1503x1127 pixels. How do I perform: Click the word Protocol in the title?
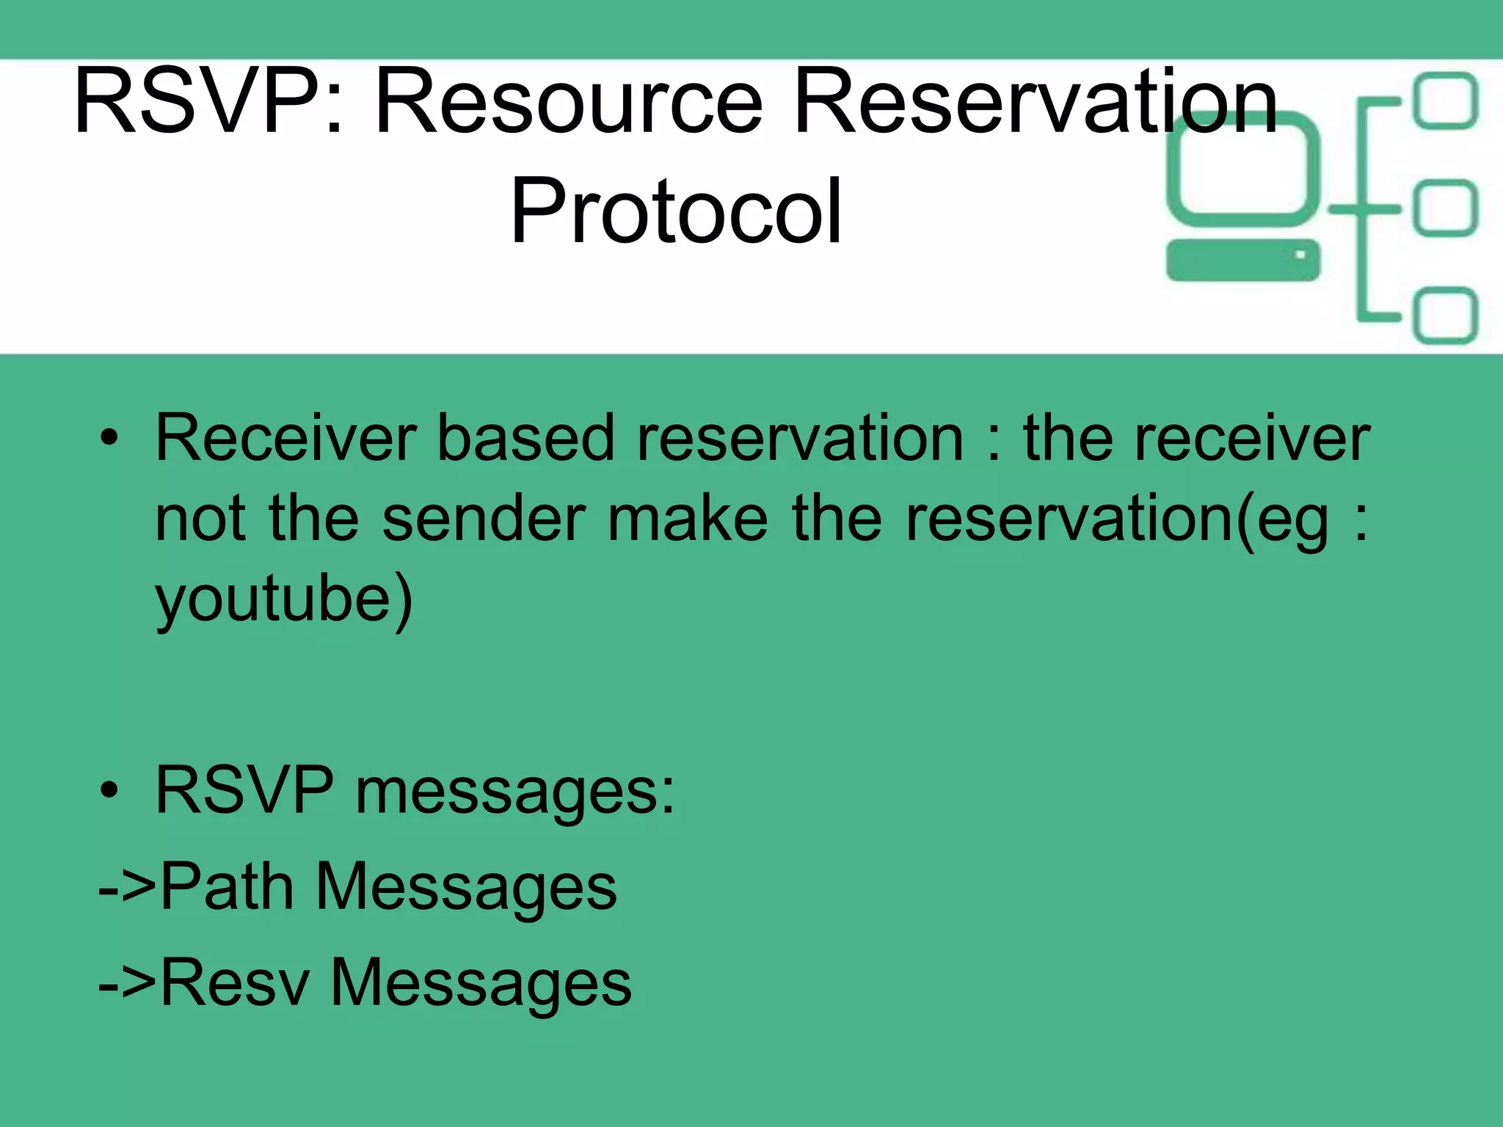pos(676,211)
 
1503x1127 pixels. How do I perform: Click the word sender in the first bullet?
pos(484,519)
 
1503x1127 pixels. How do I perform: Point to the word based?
pos(525,438)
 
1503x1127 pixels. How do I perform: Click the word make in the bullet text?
pos(688,519)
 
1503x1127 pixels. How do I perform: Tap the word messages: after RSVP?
pos(514,792)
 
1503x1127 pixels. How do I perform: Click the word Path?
pos(227,887)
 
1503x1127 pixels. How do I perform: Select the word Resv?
pos(235,982)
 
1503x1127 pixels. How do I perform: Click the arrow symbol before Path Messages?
pos(127,889)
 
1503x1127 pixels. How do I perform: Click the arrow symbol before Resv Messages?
pos(127,984)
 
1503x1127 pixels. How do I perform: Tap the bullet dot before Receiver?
pos(109,438)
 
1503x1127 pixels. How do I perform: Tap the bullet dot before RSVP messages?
pos(109,791)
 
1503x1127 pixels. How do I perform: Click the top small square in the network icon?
pos(1445,101)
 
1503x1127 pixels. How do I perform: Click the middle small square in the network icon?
pos(1445,208)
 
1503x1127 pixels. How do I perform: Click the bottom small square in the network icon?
pos(1445,316)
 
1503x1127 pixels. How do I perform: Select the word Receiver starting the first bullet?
pos(286,438)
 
